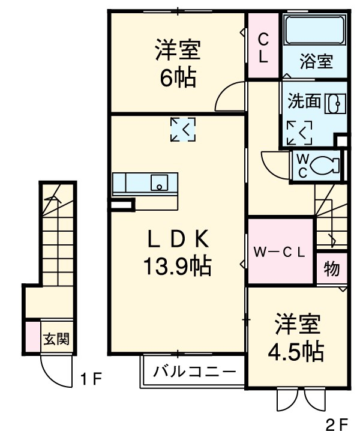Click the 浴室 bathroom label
click(x=316, y=61)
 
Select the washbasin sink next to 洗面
click(x=334, y=103)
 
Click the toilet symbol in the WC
click(x=326, y=163)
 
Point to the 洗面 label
click(x=305, y=101)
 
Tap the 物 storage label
click(x=332, y=269)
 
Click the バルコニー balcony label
click(x=194, y=371)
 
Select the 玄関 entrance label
click(x=56, y=339)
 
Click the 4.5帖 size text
click(x=297, y=351)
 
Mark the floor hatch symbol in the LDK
click(x=183, y=129)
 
